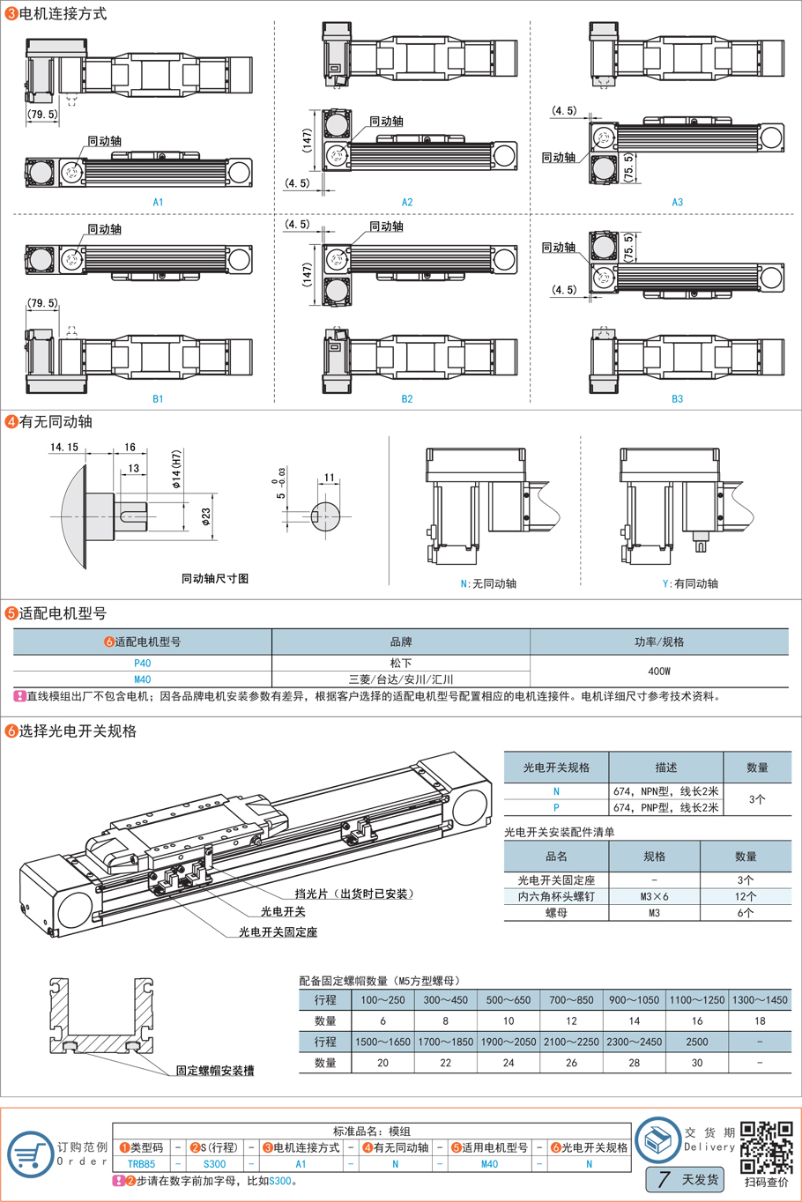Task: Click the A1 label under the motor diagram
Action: [x=158, y=203]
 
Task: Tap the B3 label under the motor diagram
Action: [x=677, y=399]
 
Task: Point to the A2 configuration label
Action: [x=407, y=203]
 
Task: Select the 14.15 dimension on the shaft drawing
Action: [x=64, y=448]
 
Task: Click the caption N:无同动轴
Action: [x=488, y=583]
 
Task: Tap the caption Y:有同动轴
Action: [x=690, y=583]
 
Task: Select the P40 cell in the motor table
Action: [x=143, y=663]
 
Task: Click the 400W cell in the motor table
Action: [x=659, y=671]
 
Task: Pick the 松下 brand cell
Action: [x=401, y=663]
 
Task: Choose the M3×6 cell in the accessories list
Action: [x=654, y=896]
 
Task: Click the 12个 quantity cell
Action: [x=746, y=896]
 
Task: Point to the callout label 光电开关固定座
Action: [x=278, y=931]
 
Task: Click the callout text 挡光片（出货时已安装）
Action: [x=353, y=894]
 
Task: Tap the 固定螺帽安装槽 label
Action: [x=215, y=1071]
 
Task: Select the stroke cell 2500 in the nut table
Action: [x=696, y=1042]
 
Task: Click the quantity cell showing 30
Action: [x=696, y=1063]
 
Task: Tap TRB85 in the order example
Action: [x=141, y=1164]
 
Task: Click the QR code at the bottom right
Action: [x=766, y=1147]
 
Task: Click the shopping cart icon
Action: [x=30, y=1154]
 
